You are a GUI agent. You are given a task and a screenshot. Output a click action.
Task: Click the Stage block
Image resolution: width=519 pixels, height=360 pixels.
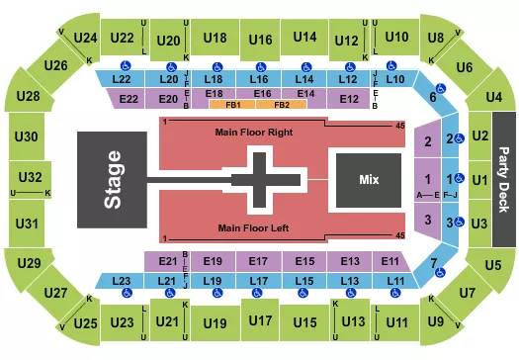click(x=114, y=179)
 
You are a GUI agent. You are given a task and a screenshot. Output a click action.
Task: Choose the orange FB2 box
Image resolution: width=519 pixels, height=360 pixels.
click(x=282, y=104)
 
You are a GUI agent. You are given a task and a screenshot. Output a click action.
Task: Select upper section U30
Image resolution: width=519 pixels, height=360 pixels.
click(x=29, y=135)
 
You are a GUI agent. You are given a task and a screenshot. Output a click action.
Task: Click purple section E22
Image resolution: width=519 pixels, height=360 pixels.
click(x=129, y=99)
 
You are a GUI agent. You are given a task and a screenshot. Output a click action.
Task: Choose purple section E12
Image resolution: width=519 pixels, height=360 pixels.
click(x=348, y=99)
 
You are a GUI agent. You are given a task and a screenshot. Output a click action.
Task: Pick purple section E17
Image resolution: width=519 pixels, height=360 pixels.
click(x=261, y=261)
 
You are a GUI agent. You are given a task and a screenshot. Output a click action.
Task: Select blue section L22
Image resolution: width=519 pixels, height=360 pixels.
click(x=122, y=78)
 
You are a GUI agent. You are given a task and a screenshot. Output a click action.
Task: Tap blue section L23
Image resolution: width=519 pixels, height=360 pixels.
click(x=122, y=282)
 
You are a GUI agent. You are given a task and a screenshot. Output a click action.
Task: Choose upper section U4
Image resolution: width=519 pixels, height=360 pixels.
click(x=494, y=97)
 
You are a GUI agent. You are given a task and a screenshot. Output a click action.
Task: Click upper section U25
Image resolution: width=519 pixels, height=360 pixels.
click(x=84, y=320)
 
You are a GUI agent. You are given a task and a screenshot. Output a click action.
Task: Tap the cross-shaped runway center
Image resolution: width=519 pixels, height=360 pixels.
click(x=261, y=179)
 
